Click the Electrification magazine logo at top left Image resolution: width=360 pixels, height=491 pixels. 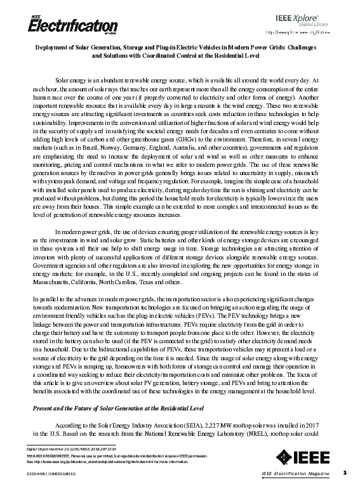55,25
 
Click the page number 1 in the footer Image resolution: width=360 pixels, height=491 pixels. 344,472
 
